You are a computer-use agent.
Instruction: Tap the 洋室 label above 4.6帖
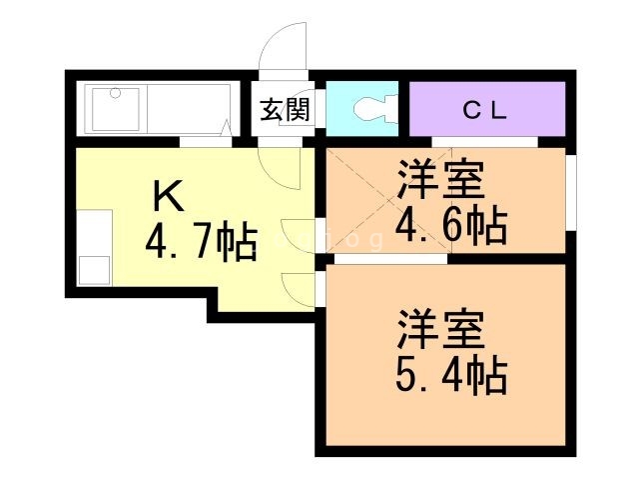tap(441, 180)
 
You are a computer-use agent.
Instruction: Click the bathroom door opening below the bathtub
tap(200, 143)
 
